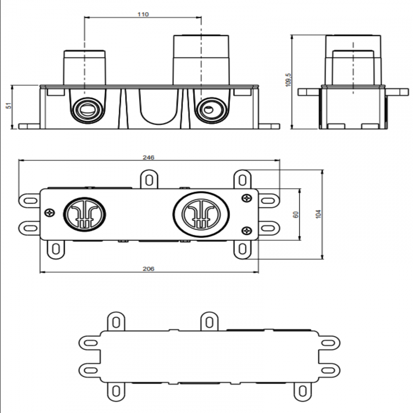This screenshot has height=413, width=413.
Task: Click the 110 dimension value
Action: pyautogui.click(x=143, y=14)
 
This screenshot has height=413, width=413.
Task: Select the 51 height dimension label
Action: pyautogui.click(x=10, y=105)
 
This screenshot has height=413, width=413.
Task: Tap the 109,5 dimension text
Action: pyautogui.click(x=288, y=79)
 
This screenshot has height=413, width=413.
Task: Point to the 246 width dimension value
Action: pyautogui.click(x=148, y=157)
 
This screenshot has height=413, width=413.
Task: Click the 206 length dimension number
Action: pyautogui.click(x=148, y=269)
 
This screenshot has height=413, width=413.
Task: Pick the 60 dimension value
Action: pyautogui.click(x=296, y=214)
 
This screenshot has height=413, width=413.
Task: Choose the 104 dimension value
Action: pyautogui.click(x=319, y=214)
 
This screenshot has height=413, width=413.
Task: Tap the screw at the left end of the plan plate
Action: pyautogui.click(x=50, y=213)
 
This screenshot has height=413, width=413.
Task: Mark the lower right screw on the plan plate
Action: pyautogui.click(x=247, y=230)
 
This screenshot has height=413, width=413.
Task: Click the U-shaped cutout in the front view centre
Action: pyautogui.click(x=158, y=108)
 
